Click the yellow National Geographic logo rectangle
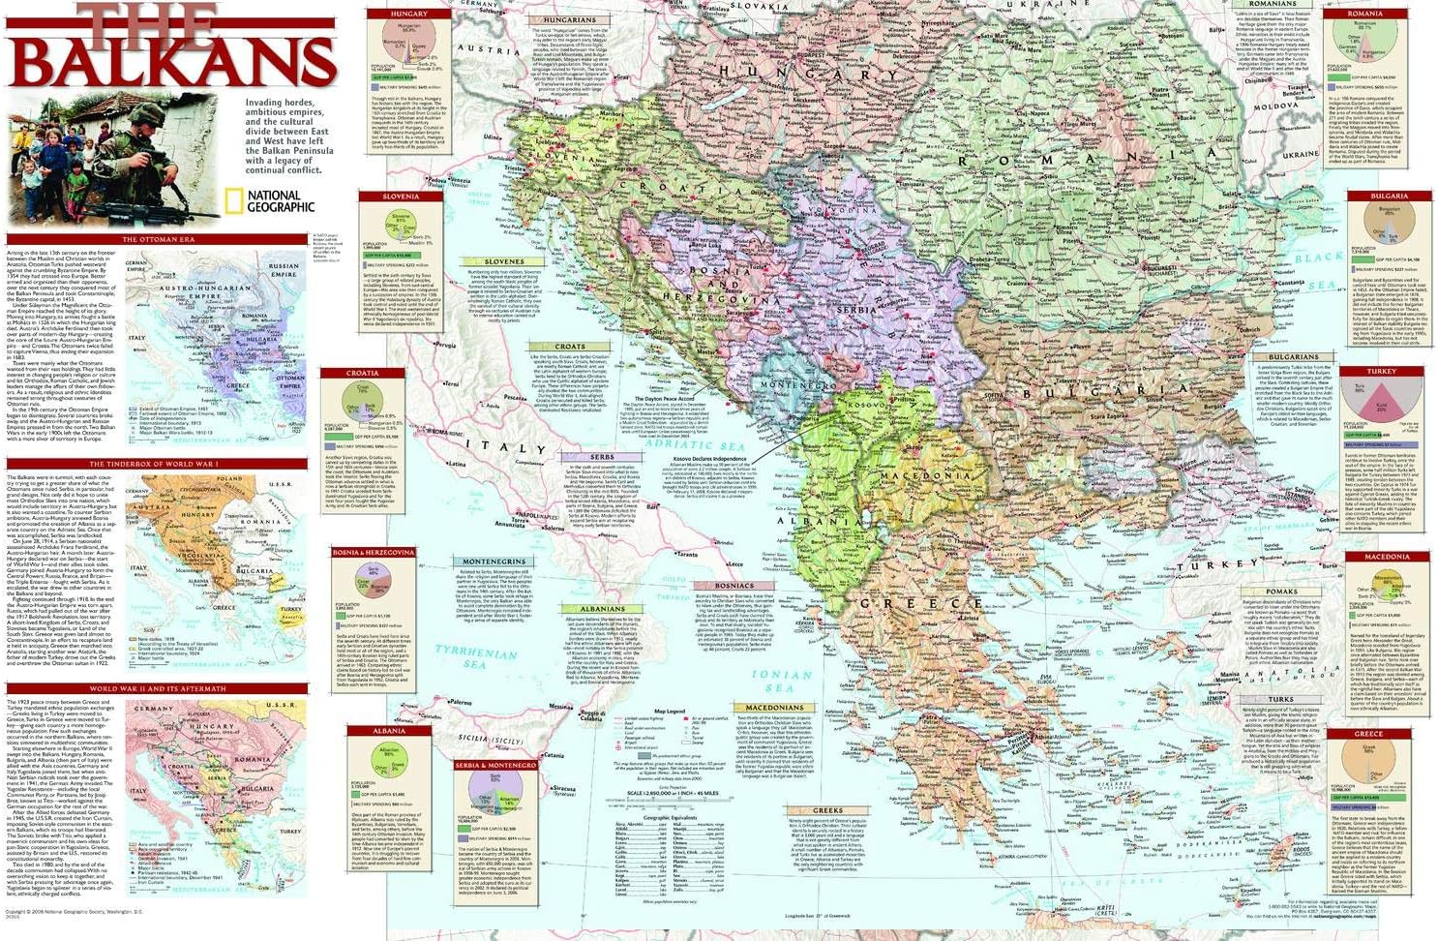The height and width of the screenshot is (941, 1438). tap(233, 200)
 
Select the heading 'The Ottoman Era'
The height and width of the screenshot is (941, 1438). tap(158, 239)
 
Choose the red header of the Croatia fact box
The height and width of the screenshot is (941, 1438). tap(363, 373)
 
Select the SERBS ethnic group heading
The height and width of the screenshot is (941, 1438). tap(601, 457)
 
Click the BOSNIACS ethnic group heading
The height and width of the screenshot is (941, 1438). tap(734, 586)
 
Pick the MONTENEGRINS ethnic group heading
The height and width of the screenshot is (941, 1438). tap(494, 562)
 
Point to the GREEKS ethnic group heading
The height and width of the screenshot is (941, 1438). tap(827, 810)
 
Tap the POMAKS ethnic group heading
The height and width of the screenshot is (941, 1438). tap(1281, 591)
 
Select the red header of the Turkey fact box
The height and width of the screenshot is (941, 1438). tap(1381, 372)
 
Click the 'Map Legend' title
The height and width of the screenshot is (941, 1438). tap(670, 712)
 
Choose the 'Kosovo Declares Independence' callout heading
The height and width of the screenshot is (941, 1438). tap(703, 458)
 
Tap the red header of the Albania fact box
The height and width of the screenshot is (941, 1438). tap(389, 731)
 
